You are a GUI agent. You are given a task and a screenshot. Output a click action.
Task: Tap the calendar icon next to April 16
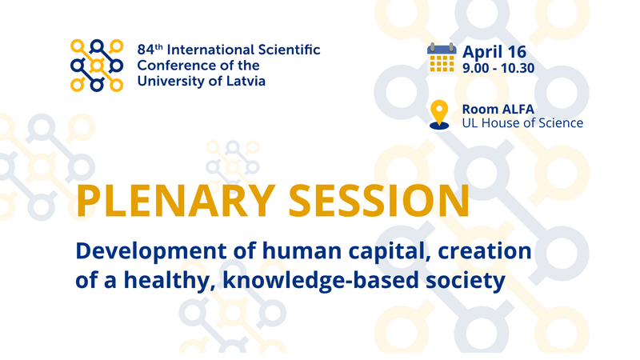pos(442,58)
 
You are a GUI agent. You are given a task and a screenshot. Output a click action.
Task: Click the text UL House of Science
pos(522,123)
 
